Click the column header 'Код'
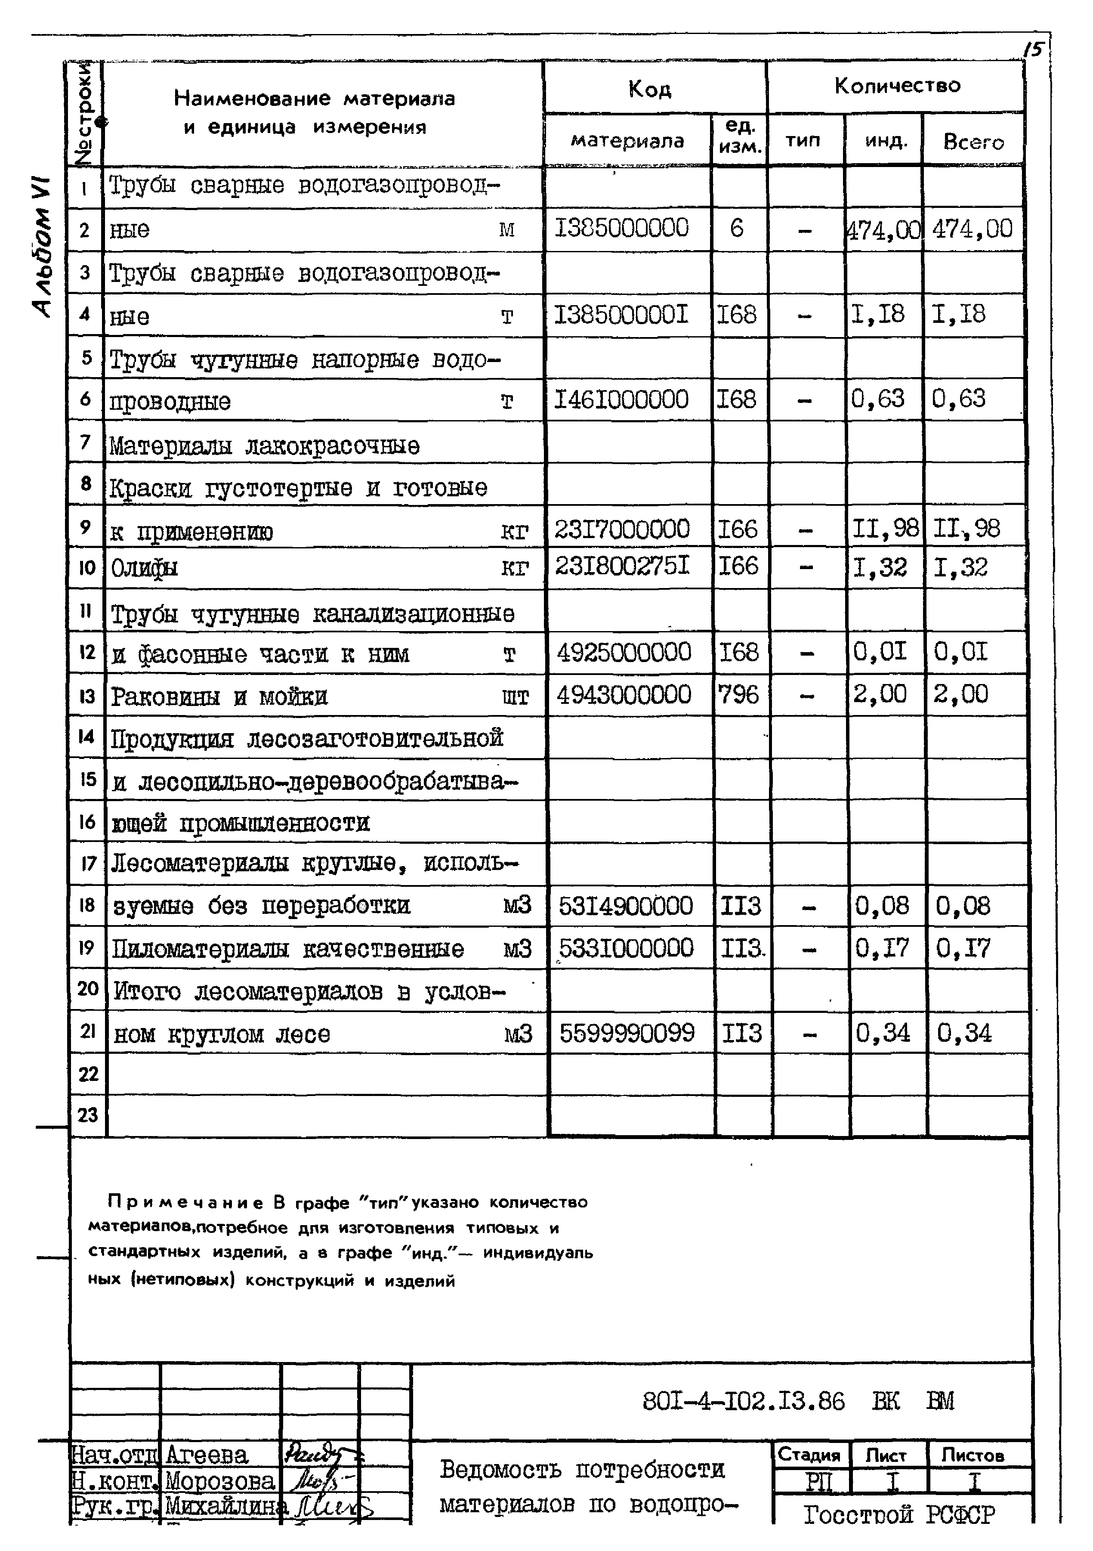(x=649, y=89)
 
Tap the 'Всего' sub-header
(x=973, y=142)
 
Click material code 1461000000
(x=621, y=399)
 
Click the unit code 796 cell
(x=739, y=694)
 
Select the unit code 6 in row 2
(x=737, y=228)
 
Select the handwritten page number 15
(x=1034, y=50)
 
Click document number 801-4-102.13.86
(x=743, y=1402)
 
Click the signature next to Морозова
(x=316, y=1481)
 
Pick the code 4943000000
(x=624, y=694)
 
